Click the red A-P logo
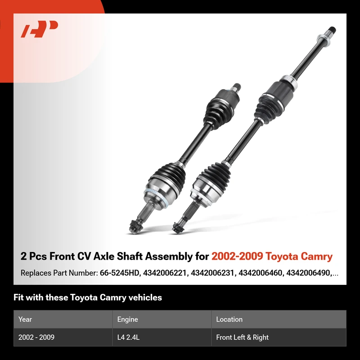tap(39, 29)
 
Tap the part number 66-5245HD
tap(119, 273)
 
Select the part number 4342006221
tap(165, 273)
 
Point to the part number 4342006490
tap(308, 273)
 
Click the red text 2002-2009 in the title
tap(237, 256)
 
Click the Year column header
tap(25, 319)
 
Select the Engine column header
tap(127, 319)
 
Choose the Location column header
tap(229, 319)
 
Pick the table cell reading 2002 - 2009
tap(36, 337)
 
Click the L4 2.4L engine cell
tap(128, 337)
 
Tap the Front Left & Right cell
tap(242, 337)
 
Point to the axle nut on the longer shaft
tap(177, 228)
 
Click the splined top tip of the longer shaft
tap(332, 30)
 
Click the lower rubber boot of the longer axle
tap(216, 176)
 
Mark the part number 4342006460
tap(260, 273)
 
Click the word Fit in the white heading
tap(18, 297)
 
